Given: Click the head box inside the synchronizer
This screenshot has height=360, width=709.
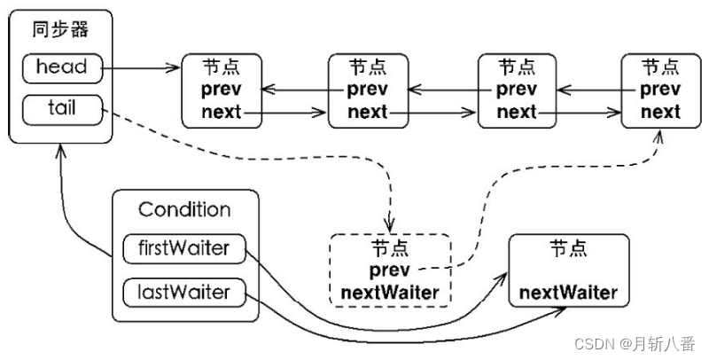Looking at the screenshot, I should pos(62,67).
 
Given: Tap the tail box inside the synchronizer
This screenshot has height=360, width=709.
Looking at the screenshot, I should pos(62,108).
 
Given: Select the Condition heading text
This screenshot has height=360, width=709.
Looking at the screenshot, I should pos(184,210).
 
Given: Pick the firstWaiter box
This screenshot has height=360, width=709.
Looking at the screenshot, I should pos(183,249).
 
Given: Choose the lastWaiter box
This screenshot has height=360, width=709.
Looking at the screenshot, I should pos(183,291).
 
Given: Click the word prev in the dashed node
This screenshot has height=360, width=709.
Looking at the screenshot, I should pos(390,270).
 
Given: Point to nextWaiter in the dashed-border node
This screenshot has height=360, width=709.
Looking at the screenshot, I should pos(390,291).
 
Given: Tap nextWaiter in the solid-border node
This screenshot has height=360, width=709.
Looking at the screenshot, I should pos(568,292).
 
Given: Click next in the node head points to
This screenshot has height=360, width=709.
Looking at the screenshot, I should pos(221,112).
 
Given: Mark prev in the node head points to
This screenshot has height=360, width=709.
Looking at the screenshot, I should pos(221,90).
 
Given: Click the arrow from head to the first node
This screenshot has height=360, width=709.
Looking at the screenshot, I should pos(142,67).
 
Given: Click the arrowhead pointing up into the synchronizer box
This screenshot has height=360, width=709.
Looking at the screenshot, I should pos(59,151).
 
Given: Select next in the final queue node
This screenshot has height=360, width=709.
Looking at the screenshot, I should pos(660,112).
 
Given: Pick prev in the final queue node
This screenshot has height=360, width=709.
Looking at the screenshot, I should pos(660,90).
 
